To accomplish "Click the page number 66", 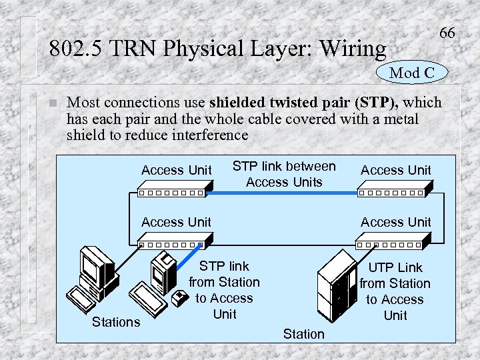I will coord(447,33).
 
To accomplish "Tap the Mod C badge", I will coord(412,73).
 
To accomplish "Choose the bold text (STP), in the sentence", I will coord(377,103).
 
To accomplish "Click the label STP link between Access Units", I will coord(284,174).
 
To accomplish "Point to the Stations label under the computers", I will coord(116,322).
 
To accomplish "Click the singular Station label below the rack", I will coord(303,333).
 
